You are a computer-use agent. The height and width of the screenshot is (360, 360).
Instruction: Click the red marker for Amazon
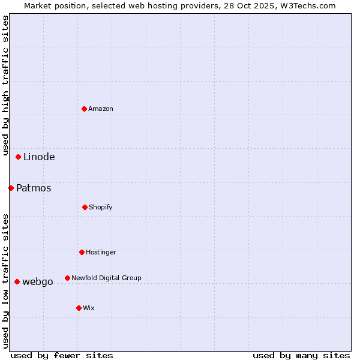84,109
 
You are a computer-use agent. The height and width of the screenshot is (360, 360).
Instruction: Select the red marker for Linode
19,157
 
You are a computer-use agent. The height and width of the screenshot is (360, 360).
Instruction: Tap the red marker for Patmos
11,188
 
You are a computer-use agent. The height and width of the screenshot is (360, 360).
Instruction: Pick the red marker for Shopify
85,207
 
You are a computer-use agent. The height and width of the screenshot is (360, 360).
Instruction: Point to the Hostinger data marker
82,252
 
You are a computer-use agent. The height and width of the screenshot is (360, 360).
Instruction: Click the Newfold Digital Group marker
67,278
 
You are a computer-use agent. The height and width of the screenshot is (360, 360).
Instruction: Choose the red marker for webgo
17,281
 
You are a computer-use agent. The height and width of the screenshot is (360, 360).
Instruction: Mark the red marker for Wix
79,308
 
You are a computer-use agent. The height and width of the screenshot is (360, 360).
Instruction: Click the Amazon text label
101,109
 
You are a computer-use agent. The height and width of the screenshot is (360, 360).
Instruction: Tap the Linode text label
39,157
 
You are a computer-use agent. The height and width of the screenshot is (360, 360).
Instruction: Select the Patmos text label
34,188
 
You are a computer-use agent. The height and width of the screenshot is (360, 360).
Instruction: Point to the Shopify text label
101,207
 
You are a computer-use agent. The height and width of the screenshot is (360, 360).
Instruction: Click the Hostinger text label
101,252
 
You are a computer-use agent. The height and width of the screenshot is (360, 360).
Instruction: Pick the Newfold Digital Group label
106,278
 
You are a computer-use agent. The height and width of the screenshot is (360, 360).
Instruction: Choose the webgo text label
38,282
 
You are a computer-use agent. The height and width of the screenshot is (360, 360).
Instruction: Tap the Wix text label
89,308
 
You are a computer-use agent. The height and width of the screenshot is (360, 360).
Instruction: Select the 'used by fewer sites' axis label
61,355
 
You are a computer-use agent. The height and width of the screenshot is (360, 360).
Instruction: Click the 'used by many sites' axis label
301,355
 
